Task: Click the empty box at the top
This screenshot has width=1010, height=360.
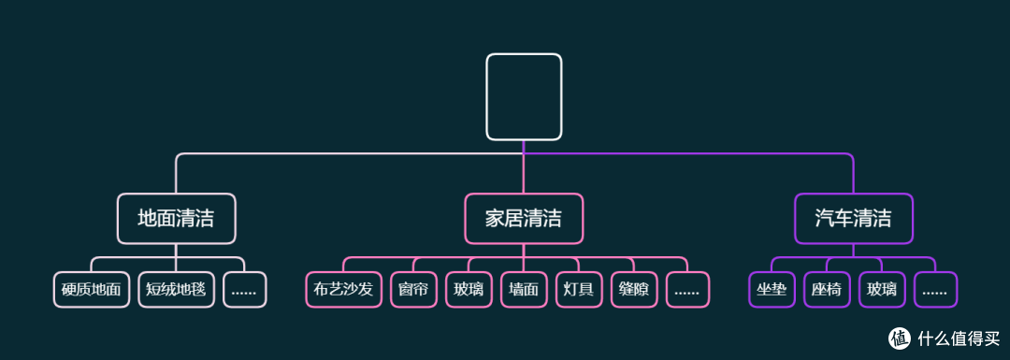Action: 524,96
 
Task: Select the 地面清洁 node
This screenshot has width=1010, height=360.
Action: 176,219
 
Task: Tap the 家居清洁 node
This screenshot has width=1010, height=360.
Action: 524,219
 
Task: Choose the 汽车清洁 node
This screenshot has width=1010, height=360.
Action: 853,219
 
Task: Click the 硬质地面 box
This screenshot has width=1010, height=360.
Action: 92,290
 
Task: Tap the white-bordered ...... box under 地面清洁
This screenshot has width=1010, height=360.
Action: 244,290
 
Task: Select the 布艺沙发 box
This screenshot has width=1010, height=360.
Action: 343,290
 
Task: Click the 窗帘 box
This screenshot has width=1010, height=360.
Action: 412,290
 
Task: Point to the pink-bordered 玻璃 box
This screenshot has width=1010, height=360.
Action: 469,290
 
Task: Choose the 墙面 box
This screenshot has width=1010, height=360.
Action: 524,290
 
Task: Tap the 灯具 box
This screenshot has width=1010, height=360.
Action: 579,290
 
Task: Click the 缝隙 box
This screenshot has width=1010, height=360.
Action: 634,290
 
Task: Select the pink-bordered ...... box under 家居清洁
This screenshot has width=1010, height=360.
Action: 687,290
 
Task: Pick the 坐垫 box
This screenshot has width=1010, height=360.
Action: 772,290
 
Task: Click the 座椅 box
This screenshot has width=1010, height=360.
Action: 827,290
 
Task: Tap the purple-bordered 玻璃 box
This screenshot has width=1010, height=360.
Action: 882,290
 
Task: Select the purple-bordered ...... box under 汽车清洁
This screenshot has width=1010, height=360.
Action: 935,290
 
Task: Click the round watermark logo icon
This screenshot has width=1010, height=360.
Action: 900,338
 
